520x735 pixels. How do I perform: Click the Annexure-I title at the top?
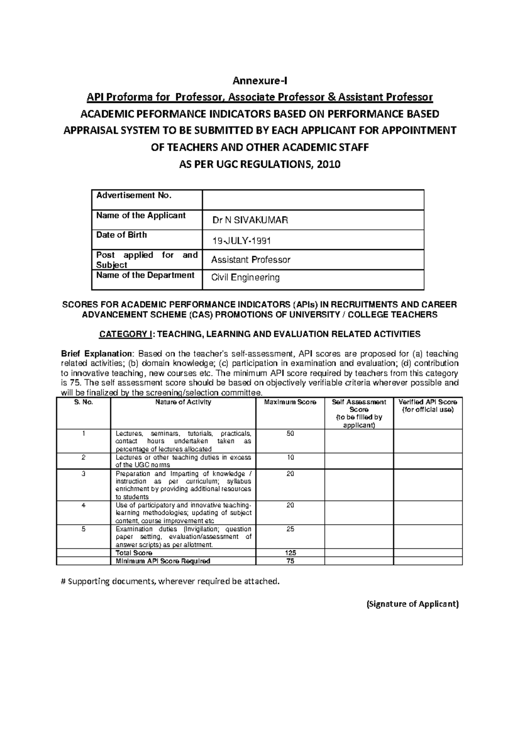[260, 81]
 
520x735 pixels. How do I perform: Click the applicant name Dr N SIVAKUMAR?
[250, 221]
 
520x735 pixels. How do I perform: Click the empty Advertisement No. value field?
[313, 200]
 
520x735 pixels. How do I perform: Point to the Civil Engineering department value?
[245, 278]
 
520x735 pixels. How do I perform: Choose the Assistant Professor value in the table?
[250, 260]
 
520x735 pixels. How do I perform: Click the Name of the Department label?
[145, 275]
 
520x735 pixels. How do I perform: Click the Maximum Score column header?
[290, 402]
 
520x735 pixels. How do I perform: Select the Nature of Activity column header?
[183, 402]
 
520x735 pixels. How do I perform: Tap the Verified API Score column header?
[428, 406]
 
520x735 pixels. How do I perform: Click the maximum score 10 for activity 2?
[290, 458]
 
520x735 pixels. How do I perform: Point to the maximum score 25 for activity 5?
[290, 529]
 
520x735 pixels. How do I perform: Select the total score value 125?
[290, 553]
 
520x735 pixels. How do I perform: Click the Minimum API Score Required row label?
[162, 561]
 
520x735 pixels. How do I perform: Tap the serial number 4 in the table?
[83, 505]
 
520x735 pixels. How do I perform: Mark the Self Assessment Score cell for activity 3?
[359, 485]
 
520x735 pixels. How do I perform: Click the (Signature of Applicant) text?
[412, 604]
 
